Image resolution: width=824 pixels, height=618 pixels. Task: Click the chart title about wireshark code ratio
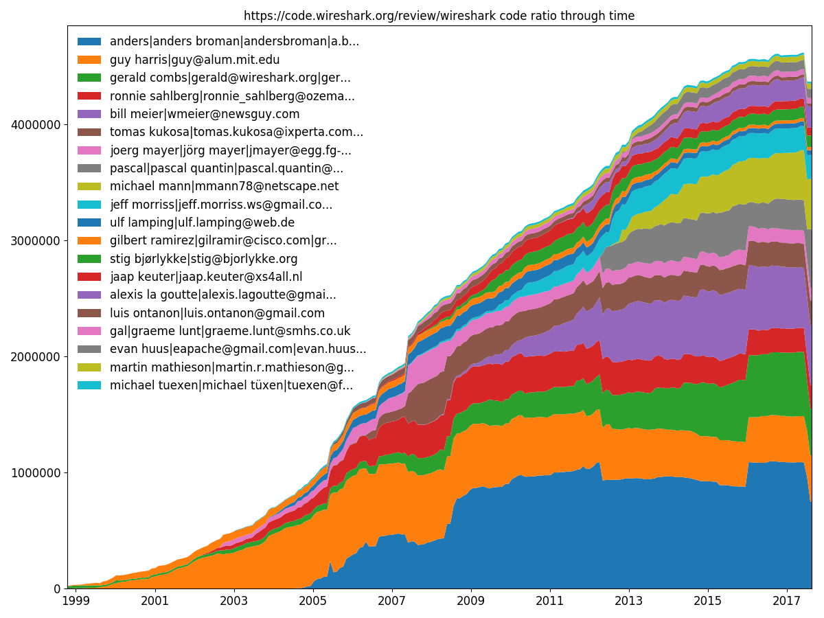click(439, 15)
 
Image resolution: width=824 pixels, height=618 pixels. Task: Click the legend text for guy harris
click(194, 60)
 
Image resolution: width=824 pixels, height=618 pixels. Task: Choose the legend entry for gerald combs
click(230, 78)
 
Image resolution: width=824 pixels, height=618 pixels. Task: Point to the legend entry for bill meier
click(205, 114)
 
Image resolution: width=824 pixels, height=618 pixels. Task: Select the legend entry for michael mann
click(224, 186)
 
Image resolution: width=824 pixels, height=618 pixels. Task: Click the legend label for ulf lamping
click(202, 222)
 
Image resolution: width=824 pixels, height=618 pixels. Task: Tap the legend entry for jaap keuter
click(206, 277)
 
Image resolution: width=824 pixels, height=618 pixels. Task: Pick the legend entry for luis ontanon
click(217, 313)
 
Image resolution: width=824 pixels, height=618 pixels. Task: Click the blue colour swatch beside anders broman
click(89, 42)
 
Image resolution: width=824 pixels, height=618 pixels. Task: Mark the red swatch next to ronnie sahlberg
click(89, 96)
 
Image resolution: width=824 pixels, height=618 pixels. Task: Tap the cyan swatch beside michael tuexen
click(89, 385)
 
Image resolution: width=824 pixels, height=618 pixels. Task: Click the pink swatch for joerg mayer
click(89, 150)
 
